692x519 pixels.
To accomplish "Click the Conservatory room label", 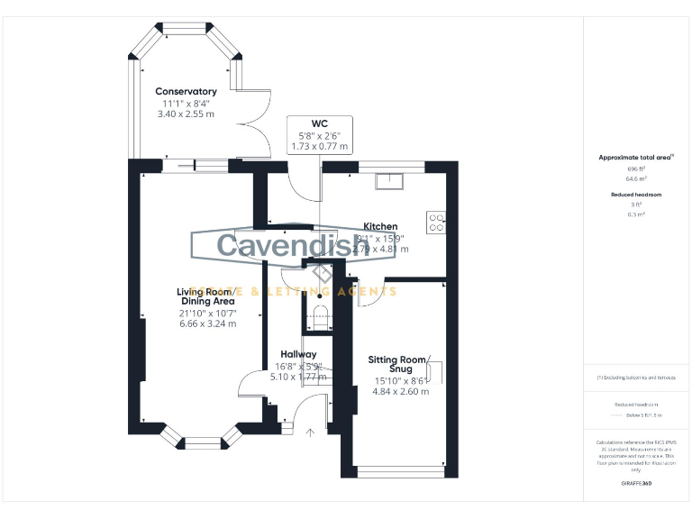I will tap(186, 91).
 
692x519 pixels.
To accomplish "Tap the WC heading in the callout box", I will tap(319, 123).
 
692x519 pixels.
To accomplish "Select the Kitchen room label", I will tap(380, 226).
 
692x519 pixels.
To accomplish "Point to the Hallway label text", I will tap(298, 354).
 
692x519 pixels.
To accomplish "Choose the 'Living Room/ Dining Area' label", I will tap(206, 297).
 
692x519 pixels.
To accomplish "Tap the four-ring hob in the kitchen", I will tap(436, 222).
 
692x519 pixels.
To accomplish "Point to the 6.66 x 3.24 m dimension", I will tap(207, 323).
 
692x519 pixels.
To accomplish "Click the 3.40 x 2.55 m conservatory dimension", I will tap(186, 114).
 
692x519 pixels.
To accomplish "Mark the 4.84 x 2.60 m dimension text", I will tap(402, 391).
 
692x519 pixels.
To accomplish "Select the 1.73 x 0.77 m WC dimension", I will tap(319, 146).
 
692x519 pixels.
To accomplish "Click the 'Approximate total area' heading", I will tap(635, 157).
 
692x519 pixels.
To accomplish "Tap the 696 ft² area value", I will tap(635, 168).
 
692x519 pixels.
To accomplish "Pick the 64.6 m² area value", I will tap(635, 178).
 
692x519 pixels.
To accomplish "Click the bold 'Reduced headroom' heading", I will tap(635, 195).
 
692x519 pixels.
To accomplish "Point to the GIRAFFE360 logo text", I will tap(635, 484).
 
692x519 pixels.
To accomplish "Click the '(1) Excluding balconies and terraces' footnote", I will tap(635, 378).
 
